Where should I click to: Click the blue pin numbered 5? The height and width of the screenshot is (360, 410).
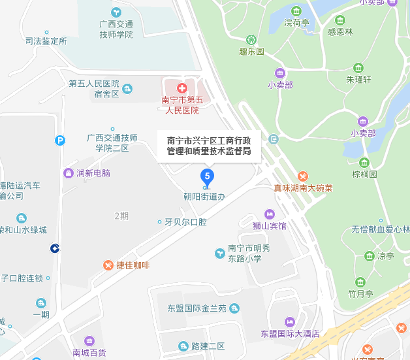tap(207, 176)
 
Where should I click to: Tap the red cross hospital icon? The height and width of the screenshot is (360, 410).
tap(181, 87)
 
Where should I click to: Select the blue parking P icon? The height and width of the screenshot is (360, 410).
tap(60, 140)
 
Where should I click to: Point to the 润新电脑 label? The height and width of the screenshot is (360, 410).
tap(93, 173)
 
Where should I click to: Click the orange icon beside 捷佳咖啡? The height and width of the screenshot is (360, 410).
tap(108, 265)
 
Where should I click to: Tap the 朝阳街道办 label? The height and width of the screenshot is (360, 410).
tap(204, 196)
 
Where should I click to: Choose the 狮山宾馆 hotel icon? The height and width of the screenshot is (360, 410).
tap(269, 214)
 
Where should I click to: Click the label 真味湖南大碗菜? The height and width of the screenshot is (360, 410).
tap(303, 188)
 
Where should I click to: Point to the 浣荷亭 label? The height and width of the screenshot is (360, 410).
tap(296, 22)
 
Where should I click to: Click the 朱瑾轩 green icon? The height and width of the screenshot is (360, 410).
tap(358, 68)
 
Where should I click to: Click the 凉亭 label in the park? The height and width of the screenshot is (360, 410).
tap(385, 256)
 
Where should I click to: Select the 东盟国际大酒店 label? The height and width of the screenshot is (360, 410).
tap(289, 333)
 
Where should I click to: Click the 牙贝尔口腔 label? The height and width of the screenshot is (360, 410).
tap(185, 222)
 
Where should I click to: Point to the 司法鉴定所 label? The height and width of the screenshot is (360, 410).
tap(46, 41)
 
